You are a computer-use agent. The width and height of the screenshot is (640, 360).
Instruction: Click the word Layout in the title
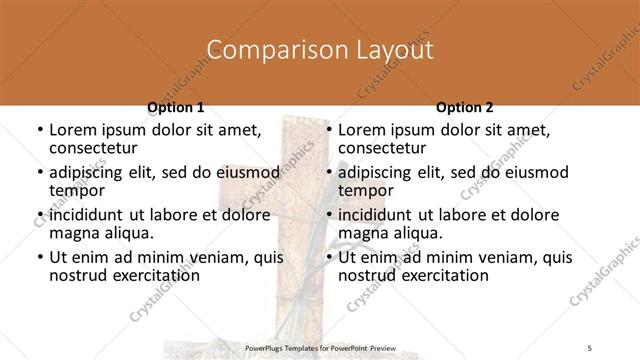[394, 49]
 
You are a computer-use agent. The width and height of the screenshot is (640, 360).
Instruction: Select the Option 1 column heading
[176, 107]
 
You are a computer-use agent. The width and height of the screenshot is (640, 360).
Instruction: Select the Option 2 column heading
[465, 107]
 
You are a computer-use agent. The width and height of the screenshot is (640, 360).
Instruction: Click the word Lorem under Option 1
[73, 129]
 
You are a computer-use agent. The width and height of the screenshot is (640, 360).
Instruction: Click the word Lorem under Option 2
[362, 129]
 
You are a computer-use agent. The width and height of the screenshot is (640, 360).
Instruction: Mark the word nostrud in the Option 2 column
[367, 275]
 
